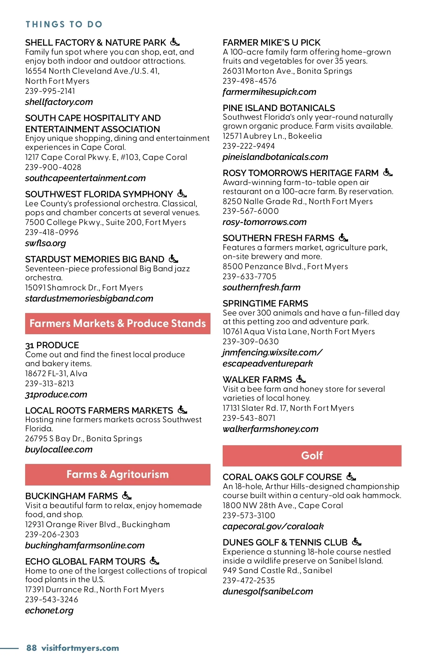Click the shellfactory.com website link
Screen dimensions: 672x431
click(59, 102)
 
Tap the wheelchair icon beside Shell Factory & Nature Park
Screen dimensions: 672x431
click(175, 42)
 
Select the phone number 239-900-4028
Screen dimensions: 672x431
click(53, 167)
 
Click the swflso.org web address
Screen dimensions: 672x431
click(46, 243)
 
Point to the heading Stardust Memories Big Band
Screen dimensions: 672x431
click(94, 259)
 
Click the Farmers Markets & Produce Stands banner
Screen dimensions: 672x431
click(117, 323)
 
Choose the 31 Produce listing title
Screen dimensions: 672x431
click(52, 345)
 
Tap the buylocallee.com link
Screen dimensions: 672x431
click(59, 450)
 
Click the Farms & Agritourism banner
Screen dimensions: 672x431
click(117, 474)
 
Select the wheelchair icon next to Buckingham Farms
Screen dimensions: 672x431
click(127, 496)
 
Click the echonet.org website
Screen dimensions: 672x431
click(49, 611)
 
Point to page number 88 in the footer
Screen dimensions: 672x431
click(32, 648)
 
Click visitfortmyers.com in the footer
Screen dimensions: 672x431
click(80, 648)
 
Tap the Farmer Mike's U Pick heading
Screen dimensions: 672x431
click(272, 42)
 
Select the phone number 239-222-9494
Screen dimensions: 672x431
click(249, 146)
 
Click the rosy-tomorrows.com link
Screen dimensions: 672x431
click(264, 222)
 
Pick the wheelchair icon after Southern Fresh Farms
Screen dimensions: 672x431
click(343, 238)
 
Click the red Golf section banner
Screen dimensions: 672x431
click(312, 456)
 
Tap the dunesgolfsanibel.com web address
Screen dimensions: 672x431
click(268, 592)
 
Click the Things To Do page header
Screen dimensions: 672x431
click(64, 24)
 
